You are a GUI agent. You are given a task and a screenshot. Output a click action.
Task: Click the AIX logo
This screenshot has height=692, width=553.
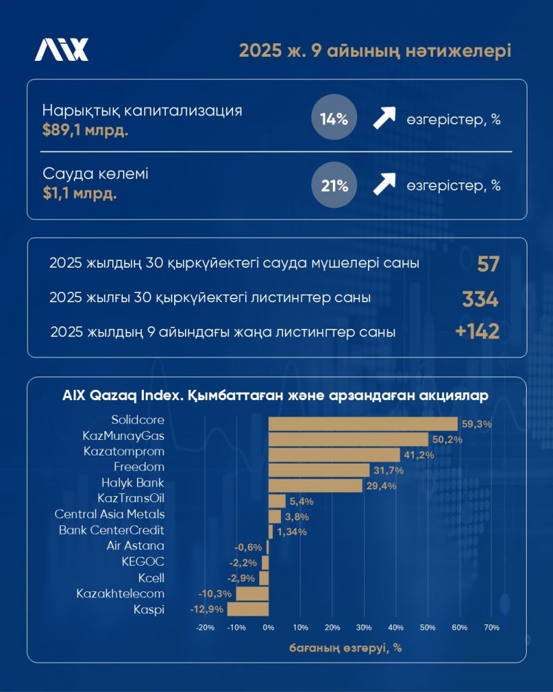[x=61, y=49]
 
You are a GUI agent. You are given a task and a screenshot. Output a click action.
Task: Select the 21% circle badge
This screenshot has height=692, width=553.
[x=334, y=185]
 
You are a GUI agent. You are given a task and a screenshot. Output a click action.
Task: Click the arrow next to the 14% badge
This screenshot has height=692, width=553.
[x=384, y=120]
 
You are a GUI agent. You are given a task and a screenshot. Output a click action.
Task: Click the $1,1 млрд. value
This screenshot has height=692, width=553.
[x=79, y=193]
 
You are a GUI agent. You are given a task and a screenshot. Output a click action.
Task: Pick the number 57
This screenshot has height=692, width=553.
[x=488, y=264]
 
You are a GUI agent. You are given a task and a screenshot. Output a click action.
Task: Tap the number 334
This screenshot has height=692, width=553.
[x=480, y=298]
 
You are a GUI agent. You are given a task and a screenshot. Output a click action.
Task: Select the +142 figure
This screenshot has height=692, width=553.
[x=477, y=332]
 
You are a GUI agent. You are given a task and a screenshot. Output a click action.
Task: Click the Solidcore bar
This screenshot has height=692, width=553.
[x=363, y=424]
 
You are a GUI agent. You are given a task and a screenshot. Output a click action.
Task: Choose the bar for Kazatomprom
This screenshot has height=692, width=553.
[x=334, y=455]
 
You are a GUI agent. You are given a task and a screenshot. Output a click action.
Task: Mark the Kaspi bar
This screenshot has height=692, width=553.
[x=248, y=609]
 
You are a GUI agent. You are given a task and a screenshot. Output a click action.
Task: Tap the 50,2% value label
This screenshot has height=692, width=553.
[x=446, y=440]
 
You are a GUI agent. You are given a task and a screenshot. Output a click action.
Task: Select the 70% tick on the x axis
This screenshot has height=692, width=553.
[x=491, y=628]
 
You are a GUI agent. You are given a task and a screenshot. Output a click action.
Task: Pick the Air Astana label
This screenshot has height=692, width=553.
[x=136, y=545]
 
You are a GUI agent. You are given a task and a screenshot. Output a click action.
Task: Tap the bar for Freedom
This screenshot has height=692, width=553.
[x=319, y=470]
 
